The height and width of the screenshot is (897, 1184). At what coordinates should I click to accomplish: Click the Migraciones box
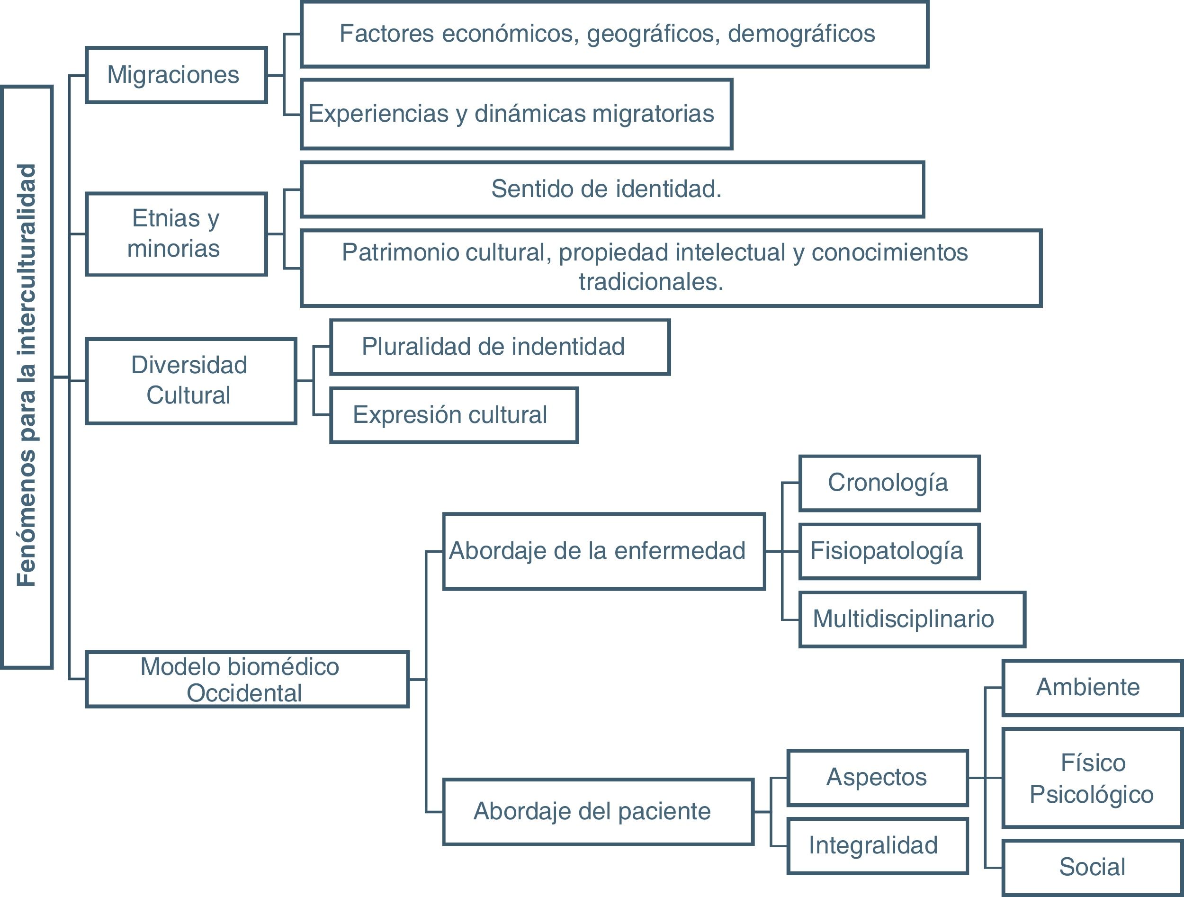coord(176,75)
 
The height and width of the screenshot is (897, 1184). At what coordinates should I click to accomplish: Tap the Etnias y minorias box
coord(176,234)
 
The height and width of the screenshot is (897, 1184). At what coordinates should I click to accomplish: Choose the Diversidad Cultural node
coord(190,380)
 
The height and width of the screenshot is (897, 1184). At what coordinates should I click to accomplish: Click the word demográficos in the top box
coord(801,34)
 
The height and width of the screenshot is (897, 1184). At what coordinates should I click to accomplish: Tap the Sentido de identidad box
coord(612,189)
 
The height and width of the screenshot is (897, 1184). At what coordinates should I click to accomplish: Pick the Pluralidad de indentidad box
coord(499,347)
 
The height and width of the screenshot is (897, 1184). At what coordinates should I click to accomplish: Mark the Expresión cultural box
coord(453,415)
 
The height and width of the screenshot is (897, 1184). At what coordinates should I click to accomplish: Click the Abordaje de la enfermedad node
coord(603,551)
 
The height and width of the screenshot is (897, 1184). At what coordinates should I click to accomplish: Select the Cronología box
coord(888,483)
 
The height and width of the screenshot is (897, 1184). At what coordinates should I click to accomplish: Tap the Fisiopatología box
coord(888,551)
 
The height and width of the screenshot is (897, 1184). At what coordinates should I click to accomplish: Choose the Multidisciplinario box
coord(911,619)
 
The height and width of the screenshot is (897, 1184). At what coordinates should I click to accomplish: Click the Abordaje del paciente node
coord(597,811)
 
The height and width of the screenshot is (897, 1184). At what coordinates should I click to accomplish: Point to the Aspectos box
coord(877,778)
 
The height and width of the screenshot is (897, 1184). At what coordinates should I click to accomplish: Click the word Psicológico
coord(1091,795)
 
